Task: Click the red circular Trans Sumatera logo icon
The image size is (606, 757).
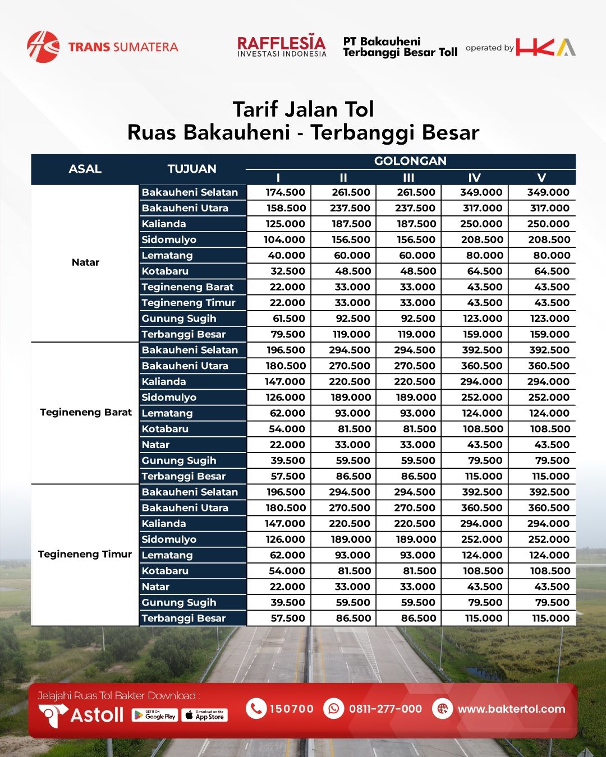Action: click(x=43, y=47)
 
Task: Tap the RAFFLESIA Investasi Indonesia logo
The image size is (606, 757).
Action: click(x=281, y=47)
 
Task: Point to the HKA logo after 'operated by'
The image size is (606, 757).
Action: click(x=545, y=47)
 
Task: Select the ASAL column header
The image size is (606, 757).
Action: click(x=85, y=169)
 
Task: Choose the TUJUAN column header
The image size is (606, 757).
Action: click(x=192, y=169)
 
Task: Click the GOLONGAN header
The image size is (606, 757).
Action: click(x=410, y=161)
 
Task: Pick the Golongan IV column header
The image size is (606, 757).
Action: click(x=474, y=178)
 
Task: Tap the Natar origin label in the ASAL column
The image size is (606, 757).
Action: click(x=85, y=262)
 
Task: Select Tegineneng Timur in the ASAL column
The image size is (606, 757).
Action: click(x=85, y=555)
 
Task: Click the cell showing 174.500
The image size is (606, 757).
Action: click(x=285, y=192)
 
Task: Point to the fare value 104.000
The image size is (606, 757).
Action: click(x=284, y=239)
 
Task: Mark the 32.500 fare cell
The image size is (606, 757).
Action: click(x=286, y=271)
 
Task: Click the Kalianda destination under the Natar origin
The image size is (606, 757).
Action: click(x=164, y=224)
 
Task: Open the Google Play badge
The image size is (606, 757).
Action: click(x=154, y=715)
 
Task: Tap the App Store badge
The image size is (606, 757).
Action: click(x=204, y=715)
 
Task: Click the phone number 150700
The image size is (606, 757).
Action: click(x=291, y=709)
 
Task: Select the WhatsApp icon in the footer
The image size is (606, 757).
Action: click(x=334, y=709)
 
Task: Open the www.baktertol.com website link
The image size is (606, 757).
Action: click(x=511, y=709)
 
